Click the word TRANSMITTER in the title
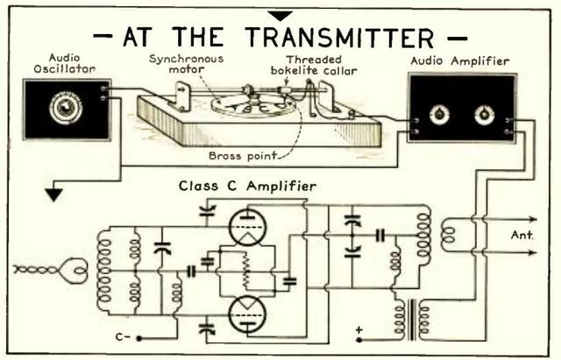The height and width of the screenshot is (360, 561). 339,38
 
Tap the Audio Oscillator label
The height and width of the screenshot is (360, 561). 65,63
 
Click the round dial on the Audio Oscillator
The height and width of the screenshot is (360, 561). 66,107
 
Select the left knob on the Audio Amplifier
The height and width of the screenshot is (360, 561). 439,115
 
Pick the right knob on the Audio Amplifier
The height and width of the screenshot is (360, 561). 484,115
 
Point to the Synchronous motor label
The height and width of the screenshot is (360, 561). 186,64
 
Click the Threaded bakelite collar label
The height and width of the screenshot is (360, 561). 314,65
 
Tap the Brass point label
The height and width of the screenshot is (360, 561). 243,156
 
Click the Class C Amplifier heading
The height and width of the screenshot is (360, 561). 247,187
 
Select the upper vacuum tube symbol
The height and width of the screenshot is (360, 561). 247,227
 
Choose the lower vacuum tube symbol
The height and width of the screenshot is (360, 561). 247,315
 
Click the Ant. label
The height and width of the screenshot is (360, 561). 522,236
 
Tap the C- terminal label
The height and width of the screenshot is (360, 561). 124,336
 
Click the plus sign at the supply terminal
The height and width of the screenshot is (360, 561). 359,330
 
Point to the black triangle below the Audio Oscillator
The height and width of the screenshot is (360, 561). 54,195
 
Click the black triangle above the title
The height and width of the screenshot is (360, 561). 280,16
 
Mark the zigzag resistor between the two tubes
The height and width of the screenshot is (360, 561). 246,270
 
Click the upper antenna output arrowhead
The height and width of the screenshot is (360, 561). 533,219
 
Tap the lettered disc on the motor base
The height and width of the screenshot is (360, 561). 253,105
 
